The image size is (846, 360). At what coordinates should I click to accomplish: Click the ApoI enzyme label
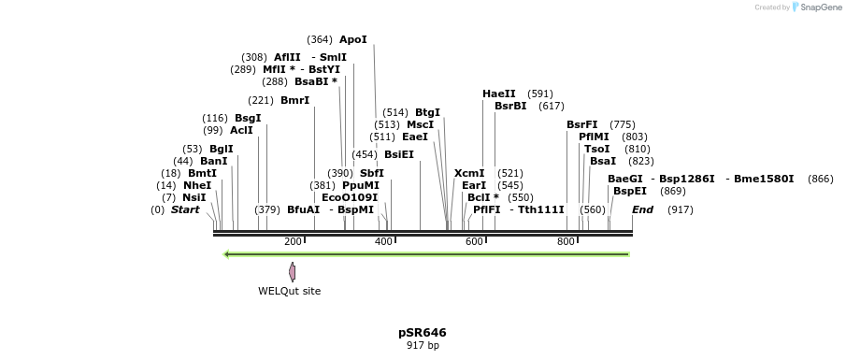point(353,39)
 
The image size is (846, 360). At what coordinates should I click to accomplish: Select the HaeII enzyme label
point(499,94)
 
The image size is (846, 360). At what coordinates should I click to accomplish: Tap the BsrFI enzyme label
point(581,124)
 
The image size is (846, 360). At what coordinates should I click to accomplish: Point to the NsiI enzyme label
point(194,197)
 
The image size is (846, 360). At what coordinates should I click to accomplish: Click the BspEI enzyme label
point(628,191)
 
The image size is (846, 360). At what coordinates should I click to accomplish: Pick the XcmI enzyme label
point(469,173)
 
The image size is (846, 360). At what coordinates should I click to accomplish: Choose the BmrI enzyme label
point(294,100)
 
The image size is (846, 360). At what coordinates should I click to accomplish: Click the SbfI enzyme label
point(372,173)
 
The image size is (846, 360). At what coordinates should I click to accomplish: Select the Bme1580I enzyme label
point(764,179)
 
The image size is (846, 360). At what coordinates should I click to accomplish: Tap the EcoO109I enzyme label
point(350,197)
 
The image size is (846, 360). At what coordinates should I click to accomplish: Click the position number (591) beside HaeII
point(540,94)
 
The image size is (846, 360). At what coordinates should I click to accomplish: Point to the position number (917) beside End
point(680,209)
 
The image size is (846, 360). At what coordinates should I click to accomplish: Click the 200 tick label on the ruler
point(293,241)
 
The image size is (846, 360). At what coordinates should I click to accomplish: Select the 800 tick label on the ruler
point(566,241)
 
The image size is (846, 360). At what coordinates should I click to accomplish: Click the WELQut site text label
point(290,291)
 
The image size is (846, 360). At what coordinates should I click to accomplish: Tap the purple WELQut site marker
point(293,271)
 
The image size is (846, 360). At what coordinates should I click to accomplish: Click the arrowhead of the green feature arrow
point(227,253)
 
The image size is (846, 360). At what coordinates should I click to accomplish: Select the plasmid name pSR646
point(423,332)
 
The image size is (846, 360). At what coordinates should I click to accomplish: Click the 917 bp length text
point(423,345)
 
